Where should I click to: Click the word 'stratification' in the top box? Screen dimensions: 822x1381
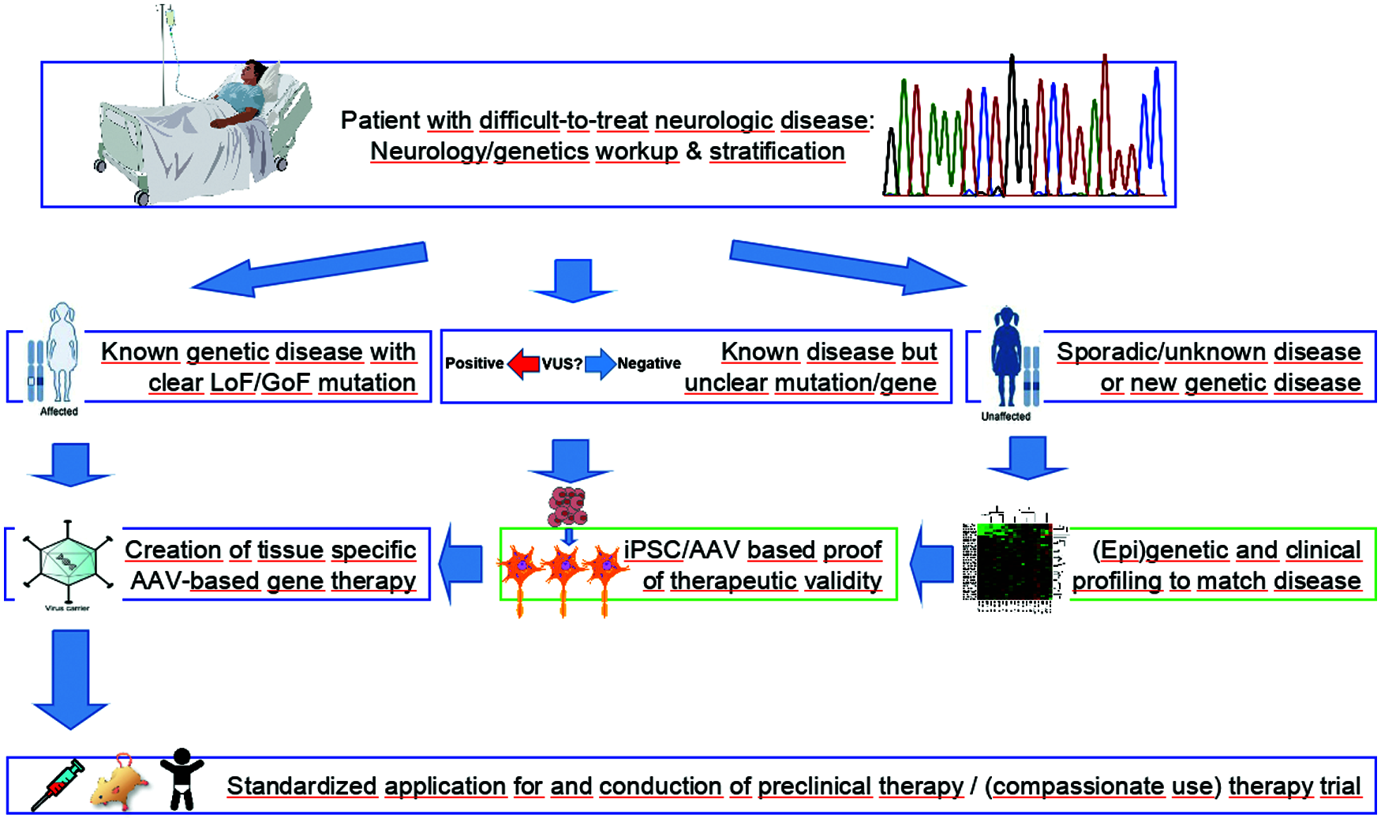[x=777, y=152]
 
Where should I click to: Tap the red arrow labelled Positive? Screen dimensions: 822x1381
[x=523, y=364]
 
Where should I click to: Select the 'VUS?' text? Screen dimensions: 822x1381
[x=562, y=364]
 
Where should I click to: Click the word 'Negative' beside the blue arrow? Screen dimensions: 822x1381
[x=649, y=363]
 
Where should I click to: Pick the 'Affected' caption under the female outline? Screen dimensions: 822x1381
[x=59, y=411]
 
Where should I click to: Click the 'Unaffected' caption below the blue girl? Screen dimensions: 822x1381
[x=1005, y=416]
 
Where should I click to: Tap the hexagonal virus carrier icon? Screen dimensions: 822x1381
[x=68, y=562]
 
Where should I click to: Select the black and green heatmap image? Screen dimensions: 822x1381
[x=1014, y=562]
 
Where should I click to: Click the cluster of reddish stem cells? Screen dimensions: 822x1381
[x=567, y=506]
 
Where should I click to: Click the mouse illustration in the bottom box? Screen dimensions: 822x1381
[x=121, y=784]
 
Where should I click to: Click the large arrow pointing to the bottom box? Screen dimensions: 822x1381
[x=71, y=679]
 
